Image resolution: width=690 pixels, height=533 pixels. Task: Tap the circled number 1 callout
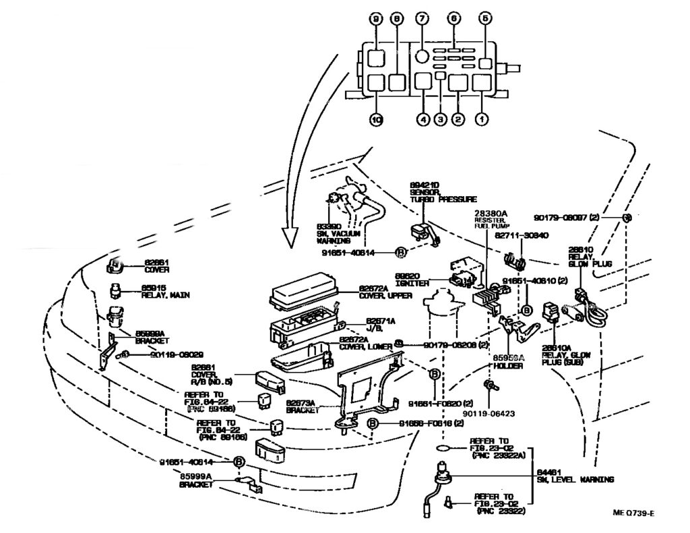tap(481, 120)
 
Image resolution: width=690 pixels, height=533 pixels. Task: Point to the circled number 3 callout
tap(440, 120)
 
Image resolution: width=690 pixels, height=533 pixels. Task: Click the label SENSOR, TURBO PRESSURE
tap(435, 196)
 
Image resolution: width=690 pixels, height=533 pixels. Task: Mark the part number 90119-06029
tap(177, 354)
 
